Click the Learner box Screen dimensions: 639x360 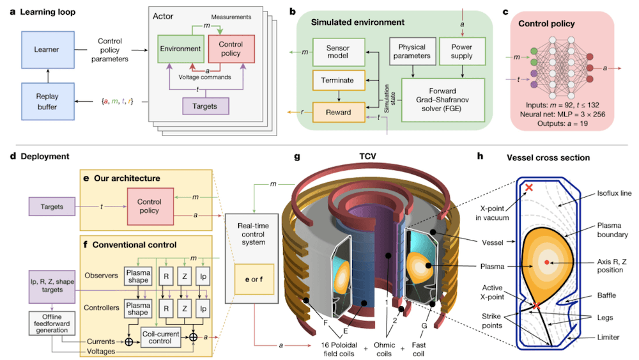pyautogui.click(x=48, y=50)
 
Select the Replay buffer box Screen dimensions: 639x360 pyautogui.click(x=48, y=102)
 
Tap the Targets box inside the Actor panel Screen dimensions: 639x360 pyautogui.click(x=205, y=106)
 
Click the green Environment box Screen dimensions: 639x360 pyautogui.click(x=181, y=49)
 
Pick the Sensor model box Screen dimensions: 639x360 pyautogui.click(x=338, y=52)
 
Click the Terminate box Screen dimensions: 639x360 pyautogui.click(x=338, y=81)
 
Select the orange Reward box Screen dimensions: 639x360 pyautogui.click(x=338, y=112)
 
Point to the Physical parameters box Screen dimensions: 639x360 pyautogui.click(x=412, y=51)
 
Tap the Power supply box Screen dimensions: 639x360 pyautogui.click(x=462, y=51)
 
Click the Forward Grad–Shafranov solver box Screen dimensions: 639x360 pyautogui.click(x=443, y=100)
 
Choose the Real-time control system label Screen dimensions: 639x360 pyautogui.click(x=253, y=234)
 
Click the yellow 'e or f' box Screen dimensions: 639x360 pyautogui.click(x=254, y=279)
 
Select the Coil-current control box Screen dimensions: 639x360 pyautogui.click(x=160, y=337)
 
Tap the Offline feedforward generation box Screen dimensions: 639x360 pyautogui.click(x=52, y=324)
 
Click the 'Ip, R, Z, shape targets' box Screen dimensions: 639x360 pyautogui.click(x=52, y=286)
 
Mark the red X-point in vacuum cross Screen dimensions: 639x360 pyautogui.click(x=529, y=187)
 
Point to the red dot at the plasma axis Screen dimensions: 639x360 pyautogui.click(x=547, y=262)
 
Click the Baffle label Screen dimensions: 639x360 pyautogui.click(x=606, y=295)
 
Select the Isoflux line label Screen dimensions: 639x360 pyautogui.click(x=614, y=193)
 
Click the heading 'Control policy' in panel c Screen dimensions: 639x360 pyautogui.click(x=546, y=24)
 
